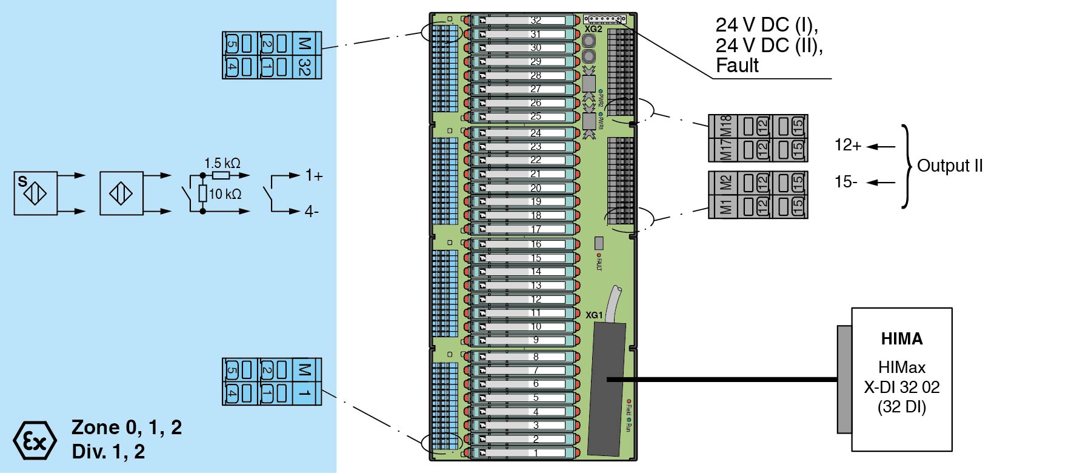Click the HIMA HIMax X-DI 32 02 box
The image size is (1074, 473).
901,379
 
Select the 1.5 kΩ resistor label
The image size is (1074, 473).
222,163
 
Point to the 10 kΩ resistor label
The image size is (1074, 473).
225,194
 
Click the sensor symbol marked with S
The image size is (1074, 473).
36,193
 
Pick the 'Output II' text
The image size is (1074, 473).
950,166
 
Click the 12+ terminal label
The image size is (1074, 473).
848,145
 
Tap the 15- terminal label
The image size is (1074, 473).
846,182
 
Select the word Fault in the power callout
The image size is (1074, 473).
737,65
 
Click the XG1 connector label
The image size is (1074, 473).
594,315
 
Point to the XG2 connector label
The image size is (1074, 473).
593,29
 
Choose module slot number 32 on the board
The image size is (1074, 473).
536,20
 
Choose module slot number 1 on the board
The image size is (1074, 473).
536,452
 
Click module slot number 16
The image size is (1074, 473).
536,244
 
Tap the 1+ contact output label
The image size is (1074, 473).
314,175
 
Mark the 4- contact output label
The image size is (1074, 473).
312,212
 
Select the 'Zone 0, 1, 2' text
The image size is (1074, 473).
127,428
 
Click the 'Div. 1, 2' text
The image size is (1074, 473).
108,452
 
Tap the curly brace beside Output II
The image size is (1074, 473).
907,166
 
